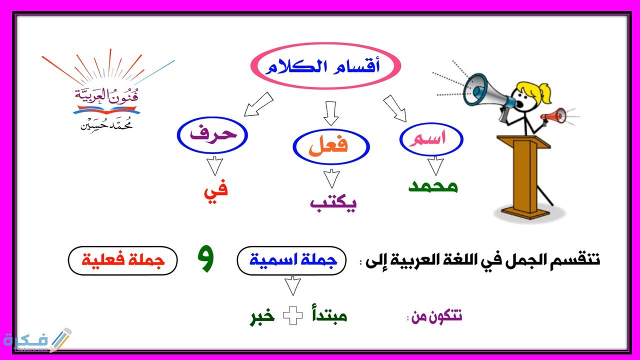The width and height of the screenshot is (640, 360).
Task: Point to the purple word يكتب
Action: pyautogui.click(x=332, y=203)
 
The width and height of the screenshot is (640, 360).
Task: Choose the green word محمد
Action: pyautogui.click(x=433, y=186)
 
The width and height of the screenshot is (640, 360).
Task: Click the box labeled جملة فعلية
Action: pyautogui.click(x=122, y=260)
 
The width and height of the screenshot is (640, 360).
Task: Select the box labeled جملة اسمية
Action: pyautogui.click(x=291, y=260)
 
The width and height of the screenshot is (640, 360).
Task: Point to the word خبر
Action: pyautogui.click(x=263, y=317)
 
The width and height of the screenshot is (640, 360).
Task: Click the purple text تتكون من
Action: pyautogui.click(x=436, y=317)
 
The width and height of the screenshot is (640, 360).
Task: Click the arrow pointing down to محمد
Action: pyautogui.click(x=435, y=165)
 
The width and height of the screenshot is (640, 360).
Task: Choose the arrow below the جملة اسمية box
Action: pyautogui.click(x=292, y=286)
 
